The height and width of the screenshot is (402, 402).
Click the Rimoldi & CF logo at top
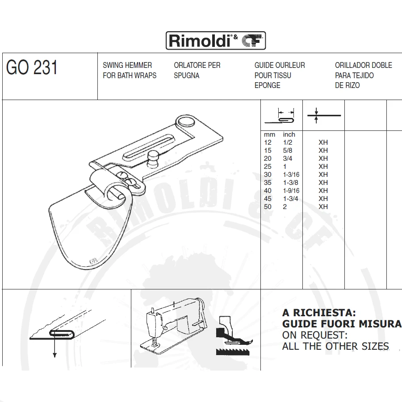pyautogui.click(x=216, y=41)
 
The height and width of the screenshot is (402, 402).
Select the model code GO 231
pyautogui.click(x=32, y=68)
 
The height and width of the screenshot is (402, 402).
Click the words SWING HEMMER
pyautogui.click(x=127, y=65)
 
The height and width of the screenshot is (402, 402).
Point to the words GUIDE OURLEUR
pyautogui.click(x=280, y=65)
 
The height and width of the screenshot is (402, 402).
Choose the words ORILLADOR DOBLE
pyautogui.click(x=363, y=65)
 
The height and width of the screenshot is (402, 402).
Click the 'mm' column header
pyautogui.click(x=269, y=134)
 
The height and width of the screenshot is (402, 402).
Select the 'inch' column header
pyautogui.click(x=289, y=134)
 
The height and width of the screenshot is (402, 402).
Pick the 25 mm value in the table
pyautogui.click(x=268, y=167)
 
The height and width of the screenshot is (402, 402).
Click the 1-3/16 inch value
pyautogui.click(x=291, y=175)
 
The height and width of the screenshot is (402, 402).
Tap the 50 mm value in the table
pyautogui.click(x=268, y=207)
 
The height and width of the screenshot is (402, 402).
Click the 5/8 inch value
pyautogui.click(x=287, y=151)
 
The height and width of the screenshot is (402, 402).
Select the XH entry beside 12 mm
pyautogui.click(x=323, y=142)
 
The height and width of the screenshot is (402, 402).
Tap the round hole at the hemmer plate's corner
pyautogui.click(x=185, y=121)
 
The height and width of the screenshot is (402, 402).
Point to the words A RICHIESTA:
pyautogui.click(x=318, y=313)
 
